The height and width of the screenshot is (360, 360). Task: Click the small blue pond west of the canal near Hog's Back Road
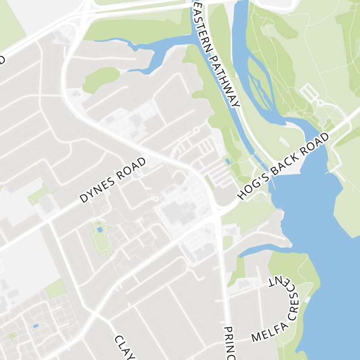click(x=228, y=161)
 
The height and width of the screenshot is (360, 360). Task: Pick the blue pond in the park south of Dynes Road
click(x=99, y=229)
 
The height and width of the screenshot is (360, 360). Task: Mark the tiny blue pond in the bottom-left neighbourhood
click(x=36, y=325)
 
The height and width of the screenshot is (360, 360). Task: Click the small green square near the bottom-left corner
click(x=12, y=336)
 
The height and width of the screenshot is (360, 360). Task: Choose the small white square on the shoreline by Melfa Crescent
click(x=307, y=299)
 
